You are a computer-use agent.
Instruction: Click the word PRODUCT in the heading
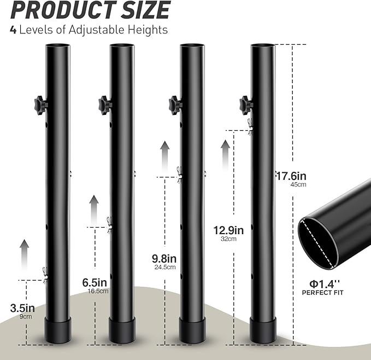pyautogui.click(x=64, y=10)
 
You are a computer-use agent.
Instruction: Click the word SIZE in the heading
pyautogui.click(x=145, y=10)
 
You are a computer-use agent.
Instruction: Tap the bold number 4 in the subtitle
pyautogui.click(x=13, y=30)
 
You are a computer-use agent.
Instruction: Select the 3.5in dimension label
pyautogui.click(x=22, y=308)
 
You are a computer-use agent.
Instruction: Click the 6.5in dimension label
pyautogui.click(x=95, y=282)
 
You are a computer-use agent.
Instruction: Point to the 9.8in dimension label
pyautogui.click(x=164, y=259)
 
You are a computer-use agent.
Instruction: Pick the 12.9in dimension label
pyautogui.click(x=228, y=230)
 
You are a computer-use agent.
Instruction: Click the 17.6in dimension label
pyautogui.click(x=291, y=176)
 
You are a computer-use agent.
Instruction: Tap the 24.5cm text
pyautogui.click(x=165, y=267)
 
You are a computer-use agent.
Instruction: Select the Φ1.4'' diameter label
pyautogui.click(x=325, y=284)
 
